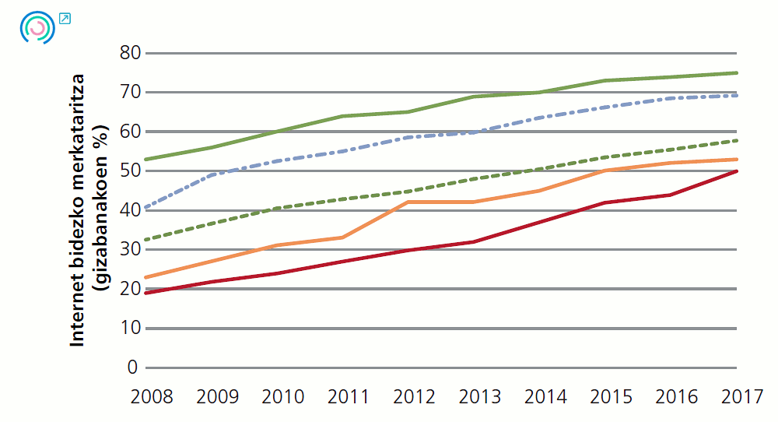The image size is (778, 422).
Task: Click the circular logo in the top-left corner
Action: [x=36, y=27]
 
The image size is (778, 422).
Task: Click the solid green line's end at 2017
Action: [x=737, y=73]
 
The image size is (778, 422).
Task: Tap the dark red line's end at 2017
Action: [x=737, y=171]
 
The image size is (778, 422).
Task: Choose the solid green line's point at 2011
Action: [x=343, y=116]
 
